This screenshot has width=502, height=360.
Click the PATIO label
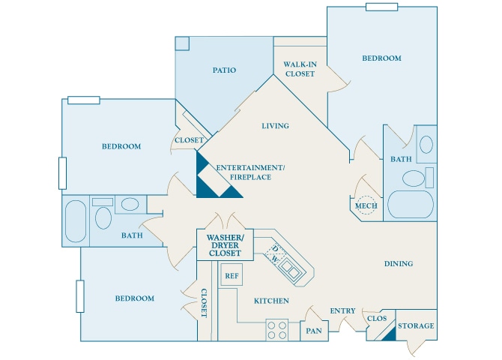[x=224, y=70]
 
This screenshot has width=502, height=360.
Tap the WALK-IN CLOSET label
[x=299, y=69]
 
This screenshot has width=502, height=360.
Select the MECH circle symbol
[x=366, y=206]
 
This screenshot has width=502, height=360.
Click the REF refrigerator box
[x=232, y=275]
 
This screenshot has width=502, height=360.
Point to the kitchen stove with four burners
[x=277, y=329]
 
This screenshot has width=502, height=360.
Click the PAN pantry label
[x=313, y=330]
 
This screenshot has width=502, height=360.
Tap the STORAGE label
[x=416, y=325]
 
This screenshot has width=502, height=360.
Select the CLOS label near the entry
[x=376, y=319]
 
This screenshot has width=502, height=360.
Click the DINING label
[x=399, y=264]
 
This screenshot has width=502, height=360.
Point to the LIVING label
[x=275, y=126]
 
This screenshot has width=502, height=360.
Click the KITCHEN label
[x=271, y=301]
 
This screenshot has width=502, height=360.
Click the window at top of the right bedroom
[x=381, y=7]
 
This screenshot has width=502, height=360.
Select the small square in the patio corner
[x=182, y=43]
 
